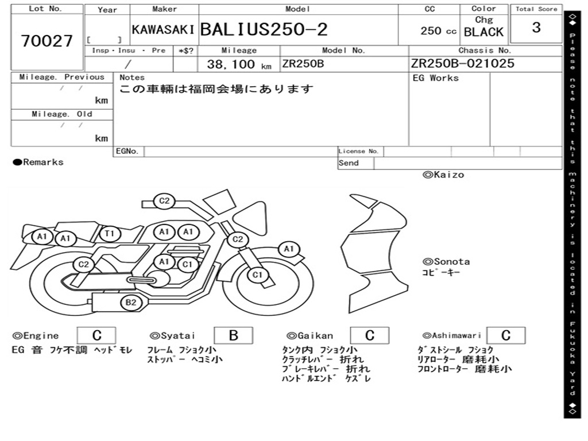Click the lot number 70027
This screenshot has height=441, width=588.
click(47, 41)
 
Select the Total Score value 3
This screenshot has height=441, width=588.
click(536, 28)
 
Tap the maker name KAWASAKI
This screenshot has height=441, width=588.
click(163, 30)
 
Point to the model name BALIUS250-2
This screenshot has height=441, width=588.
click(264, 29)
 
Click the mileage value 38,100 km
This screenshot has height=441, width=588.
click(239, 64)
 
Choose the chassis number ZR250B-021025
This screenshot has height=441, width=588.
click(462, 63)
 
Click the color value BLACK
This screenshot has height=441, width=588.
click(483, 32)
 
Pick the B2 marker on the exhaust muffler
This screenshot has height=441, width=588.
click(130, 302)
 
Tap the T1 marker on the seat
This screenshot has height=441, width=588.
click(110, 234)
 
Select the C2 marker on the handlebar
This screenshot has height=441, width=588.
click(164, 201)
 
